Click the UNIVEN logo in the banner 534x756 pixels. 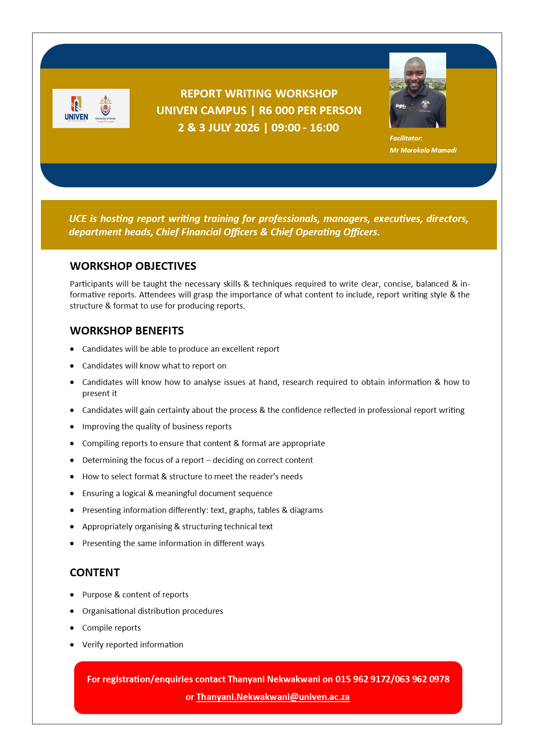[76, 108]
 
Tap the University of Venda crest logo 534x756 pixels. [106, 108]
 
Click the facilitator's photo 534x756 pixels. [417, 90]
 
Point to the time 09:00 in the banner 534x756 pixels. [286, 128]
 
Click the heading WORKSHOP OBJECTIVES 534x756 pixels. [133, 266]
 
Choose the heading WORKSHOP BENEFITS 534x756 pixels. [127, 331]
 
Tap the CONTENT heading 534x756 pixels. [95, 573]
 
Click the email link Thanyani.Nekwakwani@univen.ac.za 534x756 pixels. [273, 697]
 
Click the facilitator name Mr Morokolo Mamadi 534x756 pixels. [423, 150]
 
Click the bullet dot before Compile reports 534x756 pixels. [72, 628]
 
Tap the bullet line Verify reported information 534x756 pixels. [133, 645]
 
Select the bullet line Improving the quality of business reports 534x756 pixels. [157, 427]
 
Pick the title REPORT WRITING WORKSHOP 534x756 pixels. [259, 94]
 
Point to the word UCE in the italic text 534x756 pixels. [78, 219]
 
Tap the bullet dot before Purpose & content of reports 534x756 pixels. [72, 595]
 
